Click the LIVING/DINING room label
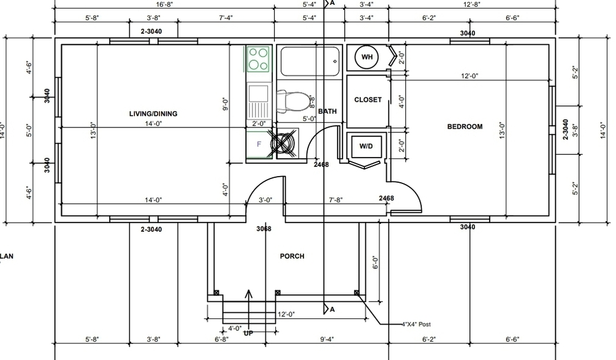coord(153,114)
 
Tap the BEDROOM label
coord(465,126)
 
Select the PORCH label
coord(292,256)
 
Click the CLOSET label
coord(368,100)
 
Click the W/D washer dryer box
coord(366,146)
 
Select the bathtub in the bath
coord(310,61)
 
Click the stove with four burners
coord(258,59)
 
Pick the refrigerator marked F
coord(259,145)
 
